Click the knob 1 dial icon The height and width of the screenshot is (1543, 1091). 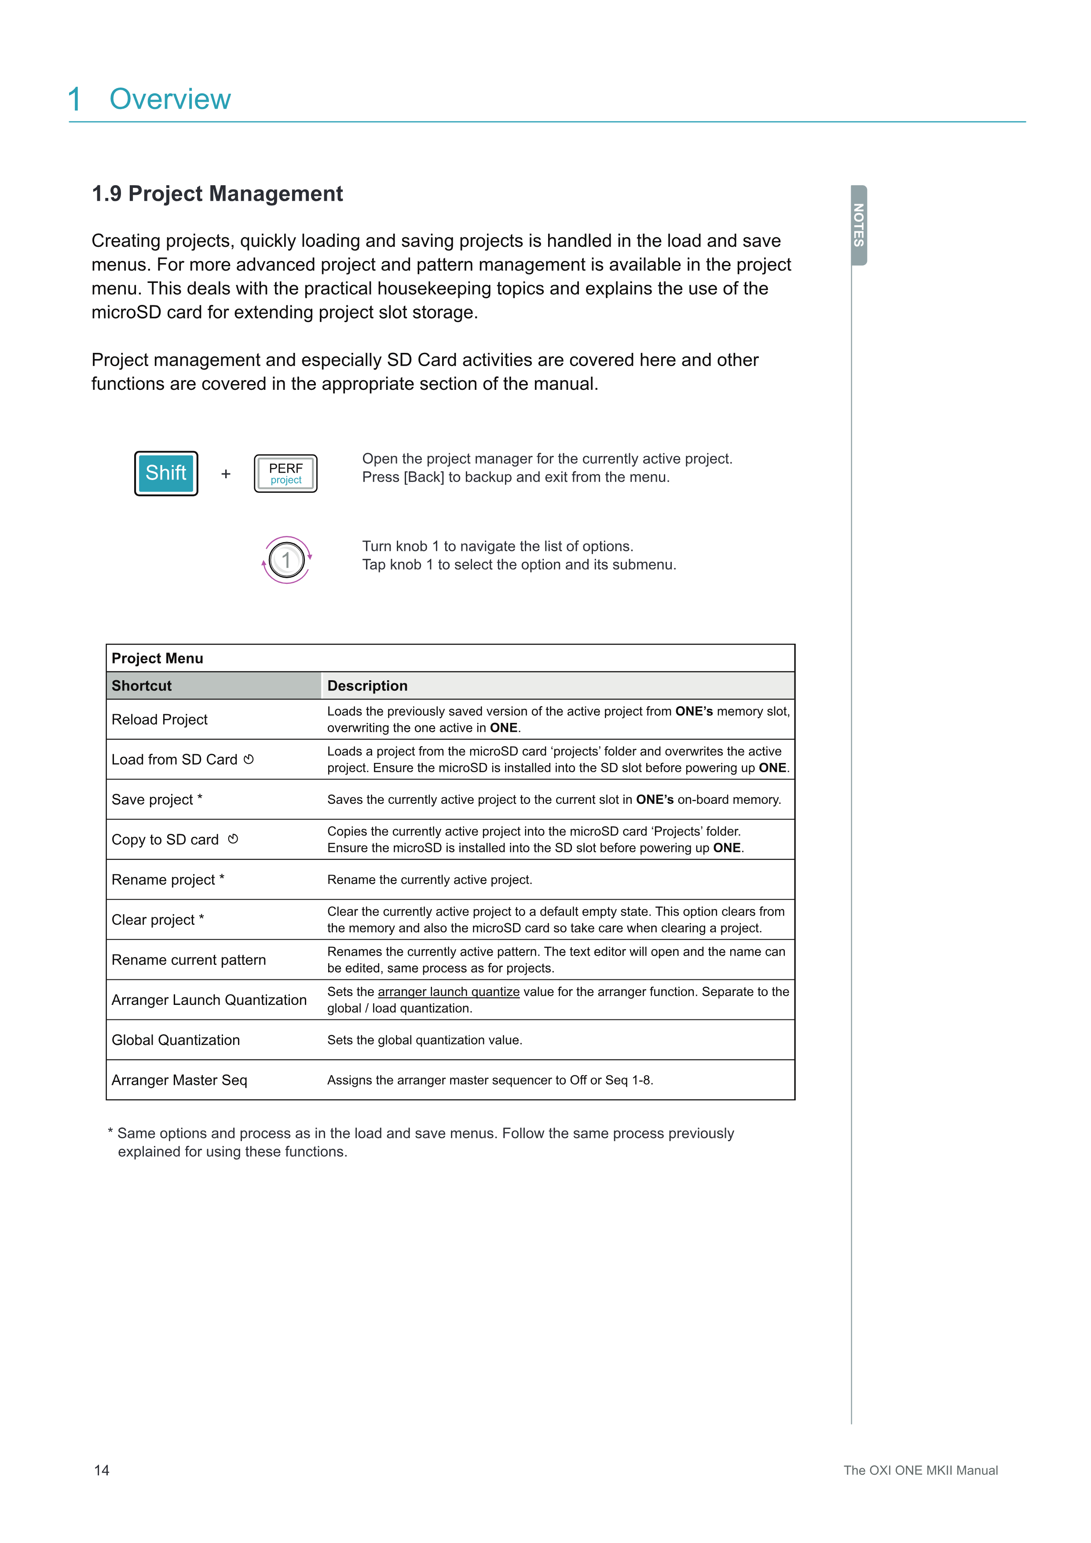pos(286,560)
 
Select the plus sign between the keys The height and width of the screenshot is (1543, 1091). pos(226,474)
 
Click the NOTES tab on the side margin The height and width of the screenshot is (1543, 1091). pos(859,225)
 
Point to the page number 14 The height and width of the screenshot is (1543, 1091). pos(102,1470)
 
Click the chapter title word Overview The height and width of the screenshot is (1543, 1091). pos(170,99)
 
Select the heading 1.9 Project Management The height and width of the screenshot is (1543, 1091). pos(217,194)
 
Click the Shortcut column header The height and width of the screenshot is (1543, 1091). pos(142,685)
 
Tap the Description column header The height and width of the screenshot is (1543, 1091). pos(367,685)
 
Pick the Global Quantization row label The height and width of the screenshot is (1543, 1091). pos(176,1040)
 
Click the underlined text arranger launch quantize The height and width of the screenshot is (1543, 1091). pos(449,992)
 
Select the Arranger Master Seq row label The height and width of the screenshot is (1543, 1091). pos(179,1080)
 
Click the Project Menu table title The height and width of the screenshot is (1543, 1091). pos(157,659)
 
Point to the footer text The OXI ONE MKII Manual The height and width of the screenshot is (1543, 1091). pos(920,1470)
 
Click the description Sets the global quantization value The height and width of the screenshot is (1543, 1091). pos(425,1040)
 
